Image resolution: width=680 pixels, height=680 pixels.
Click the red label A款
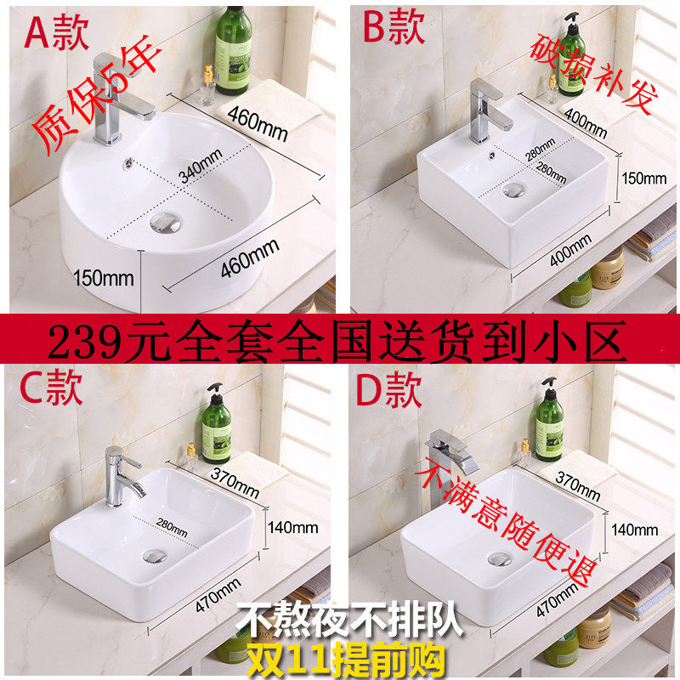pos(56,31)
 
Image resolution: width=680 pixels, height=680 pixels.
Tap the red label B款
pos(394,27)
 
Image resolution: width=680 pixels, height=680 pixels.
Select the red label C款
pos(51,388)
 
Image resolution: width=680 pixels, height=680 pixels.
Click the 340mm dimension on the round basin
pos(201,166)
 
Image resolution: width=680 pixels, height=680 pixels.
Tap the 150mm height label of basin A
pos(103,278)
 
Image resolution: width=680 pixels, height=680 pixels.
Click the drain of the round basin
pos(165,223)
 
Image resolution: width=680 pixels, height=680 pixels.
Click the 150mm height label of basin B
pos(644,178)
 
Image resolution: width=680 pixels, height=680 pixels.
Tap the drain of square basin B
pos(514,190)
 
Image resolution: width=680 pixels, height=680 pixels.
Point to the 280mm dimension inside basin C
pos(172,527)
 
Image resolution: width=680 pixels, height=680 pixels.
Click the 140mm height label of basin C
pos(292,528)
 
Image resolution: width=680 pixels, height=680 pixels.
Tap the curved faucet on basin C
pos(123,477)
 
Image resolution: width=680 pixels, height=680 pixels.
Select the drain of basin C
pos(155,556)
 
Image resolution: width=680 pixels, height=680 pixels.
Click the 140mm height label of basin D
pos(634,530)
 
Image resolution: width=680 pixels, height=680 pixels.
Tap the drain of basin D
pos(499,559)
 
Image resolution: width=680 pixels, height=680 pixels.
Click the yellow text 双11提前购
pos(346,660)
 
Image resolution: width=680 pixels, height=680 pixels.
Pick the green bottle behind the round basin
pos(233,50)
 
